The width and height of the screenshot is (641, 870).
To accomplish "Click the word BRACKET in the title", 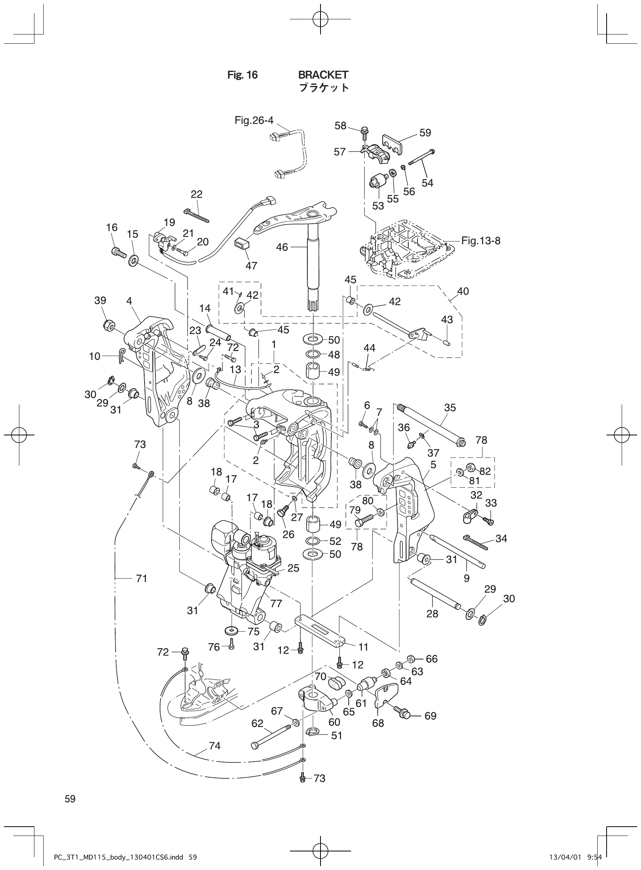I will (323, 75).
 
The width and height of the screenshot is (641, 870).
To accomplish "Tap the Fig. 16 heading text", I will (242, 75).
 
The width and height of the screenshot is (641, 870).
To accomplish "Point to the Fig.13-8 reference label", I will (481, 241).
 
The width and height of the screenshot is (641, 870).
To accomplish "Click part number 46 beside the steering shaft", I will (282, 247).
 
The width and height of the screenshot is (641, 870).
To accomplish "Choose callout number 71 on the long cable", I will (141, 579).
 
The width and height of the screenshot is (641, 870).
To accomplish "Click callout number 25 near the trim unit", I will (293, 568).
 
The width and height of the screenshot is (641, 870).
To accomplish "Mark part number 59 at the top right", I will (425, 133).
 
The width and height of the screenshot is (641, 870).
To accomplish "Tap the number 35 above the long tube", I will (450, 408).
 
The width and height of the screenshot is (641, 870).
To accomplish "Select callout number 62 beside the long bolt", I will (257, 724).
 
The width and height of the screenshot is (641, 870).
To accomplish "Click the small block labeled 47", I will (241, 245).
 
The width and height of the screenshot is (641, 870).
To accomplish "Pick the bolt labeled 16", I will (117, 252).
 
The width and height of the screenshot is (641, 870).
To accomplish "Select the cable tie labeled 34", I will (475, 542).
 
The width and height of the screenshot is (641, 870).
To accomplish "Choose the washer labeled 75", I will (231, 630).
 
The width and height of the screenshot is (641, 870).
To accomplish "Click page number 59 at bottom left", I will (70, 799).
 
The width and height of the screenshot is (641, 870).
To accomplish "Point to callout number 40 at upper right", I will (463, 291).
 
